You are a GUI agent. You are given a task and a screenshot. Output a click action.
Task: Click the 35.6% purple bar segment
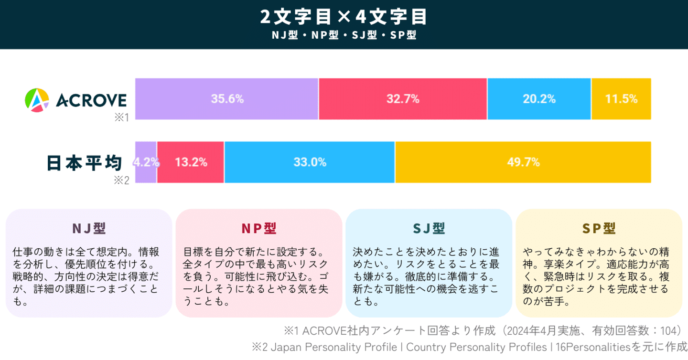point(227,99)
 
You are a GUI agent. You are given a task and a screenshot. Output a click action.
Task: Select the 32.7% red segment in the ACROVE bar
point(403,99)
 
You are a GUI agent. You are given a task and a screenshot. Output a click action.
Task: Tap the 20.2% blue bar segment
point(539,99)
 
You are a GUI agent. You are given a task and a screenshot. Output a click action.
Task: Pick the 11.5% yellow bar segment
point(621,99)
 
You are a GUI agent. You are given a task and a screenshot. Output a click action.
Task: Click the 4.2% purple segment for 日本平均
point(146,162)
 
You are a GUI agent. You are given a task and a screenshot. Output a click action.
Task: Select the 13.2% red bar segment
point(191,162)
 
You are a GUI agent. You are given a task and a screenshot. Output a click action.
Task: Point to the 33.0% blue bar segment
point(310,162)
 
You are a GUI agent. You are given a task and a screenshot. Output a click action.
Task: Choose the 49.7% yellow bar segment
point(523,162)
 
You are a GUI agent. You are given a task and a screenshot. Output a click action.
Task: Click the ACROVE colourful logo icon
point(37,100)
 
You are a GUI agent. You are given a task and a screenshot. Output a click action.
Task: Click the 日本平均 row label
point(85,163)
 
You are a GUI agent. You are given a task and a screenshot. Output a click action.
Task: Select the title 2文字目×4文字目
point(344,17)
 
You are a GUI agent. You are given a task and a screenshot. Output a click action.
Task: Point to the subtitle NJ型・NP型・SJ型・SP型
point(344,35)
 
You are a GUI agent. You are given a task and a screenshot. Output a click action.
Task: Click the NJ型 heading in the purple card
point(89,228)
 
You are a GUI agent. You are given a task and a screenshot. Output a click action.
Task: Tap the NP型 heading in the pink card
point(258,228)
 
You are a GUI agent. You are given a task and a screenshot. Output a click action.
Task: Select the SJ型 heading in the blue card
point(429,228)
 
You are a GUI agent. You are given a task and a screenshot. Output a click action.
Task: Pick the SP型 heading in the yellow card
point(599,228)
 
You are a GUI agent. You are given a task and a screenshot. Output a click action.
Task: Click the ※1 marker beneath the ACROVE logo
point(121,117)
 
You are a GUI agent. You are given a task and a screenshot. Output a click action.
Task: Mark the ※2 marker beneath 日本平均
point(121,180)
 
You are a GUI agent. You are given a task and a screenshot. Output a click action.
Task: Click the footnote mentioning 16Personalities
point(469,347)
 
